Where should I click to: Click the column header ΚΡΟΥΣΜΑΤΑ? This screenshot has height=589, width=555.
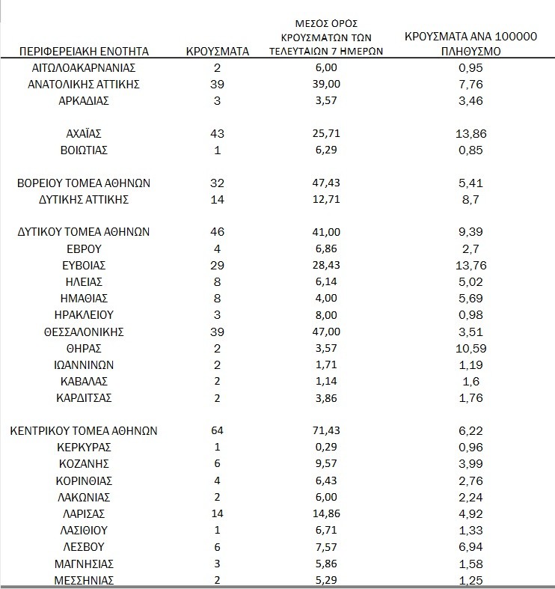(217, 52)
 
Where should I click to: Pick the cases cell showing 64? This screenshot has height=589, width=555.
(217, 431)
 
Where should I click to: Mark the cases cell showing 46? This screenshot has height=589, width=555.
(217, 232)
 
